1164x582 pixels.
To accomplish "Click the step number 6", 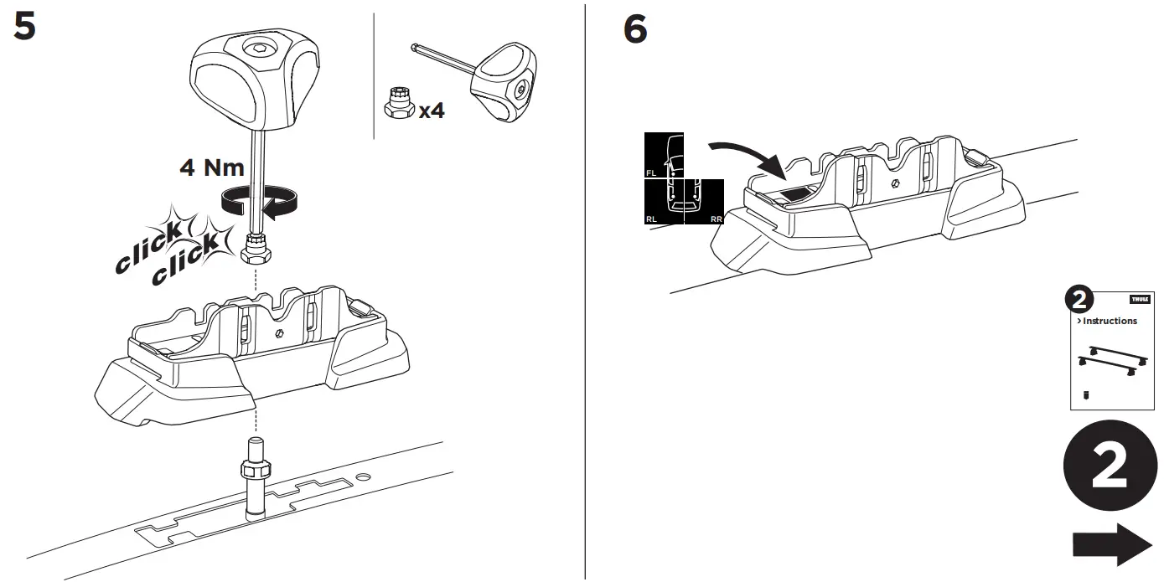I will click(x=636, y=31).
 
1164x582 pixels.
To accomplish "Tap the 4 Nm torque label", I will click(x=211, y=167).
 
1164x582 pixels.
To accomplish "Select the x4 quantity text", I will click(x=431, y=109).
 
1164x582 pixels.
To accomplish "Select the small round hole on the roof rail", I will click(x=362, y=476).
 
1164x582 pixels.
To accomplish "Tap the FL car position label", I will click(x=651, y=173).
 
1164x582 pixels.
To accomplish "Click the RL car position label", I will click(x=651, y=219).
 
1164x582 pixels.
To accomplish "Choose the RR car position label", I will click(x=716, y=219).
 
